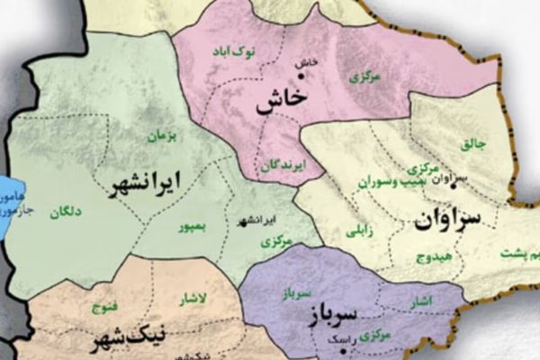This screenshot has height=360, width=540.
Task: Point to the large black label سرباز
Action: coord(334,315)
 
